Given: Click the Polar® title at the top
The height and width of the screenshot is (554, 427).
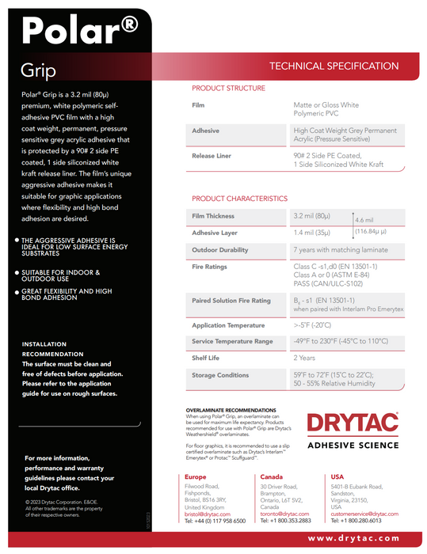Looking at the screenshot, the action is (x=80, y=31).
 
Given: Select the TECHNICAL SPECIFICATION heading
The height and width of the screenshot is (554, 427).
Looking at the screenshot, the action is (x=334, y=66).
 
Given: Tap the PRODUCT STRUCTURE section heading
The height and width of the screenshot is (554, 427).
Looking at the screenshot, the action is (x=229, y=89).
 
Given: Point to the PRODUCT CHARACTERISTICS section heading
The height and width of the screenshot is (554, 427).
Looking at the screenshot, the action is (x=239, y=199).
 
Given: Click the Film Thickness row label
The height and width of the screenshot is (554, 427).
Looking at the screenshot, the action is (x=213, y=216).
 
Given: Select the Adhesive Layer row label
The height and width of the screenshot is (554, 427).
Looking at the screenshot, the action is (x=214, y=233).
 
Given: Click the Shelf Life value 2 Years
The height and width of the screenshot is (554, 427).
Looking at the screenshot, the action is (x=305, y=359).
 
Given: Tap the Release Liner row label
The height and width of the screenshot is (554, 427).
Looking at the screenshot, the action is (x=212, y=156).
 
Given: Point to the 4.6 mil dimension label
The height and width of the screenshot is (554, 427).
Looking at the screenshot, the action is (x=364, y=220).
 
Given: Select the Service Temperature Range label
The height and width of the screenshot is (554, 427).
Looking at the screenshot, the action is (x=232, y=341).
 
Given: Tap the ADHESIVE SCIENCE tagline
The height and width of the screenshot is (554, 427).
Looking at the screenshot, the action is (x=352, y=446).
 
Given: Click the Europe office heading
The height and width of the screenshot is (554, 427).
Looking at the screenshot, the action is (x=196, y=477).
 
